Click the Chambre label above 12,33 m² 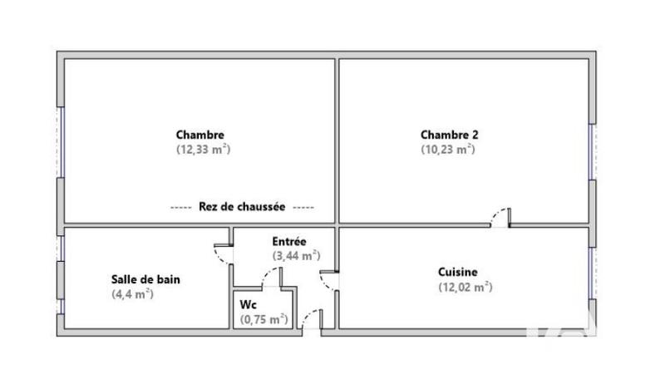click(x=199, y=135)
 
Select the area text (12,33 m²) click(x=202, y=150)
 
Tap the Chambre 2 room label click(x=449, y=135)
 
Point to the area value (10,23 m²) click(x=447, y=150)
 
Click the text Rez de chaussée click(x=242, y=207)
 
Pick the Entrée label click(x=289, y=241)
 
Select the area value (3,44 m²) click(x=296, y=256)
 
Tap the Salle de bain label click(x=145, y=279)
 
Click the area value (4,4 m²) click(x=133, y=294)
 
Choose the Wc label click(x=248, y=304)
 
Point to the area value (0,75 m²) click(x=264, y=319)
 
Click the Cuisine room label click(x=457, y=272)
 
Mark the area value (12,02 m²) click(x=465, y=288)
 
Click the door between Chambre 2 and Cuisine click(x=500, y=218)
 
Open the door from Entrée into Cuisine click(x=330, y=280)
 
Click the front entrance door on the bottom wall click(x=311, y=321)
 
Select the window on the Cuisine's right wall click(x=592, y=273)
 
